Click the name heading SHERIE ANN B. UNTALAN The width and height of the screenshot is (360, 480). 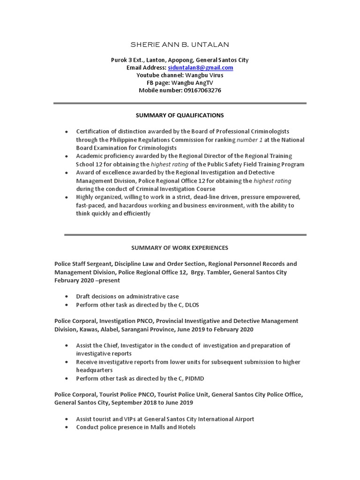click(x=180, y=45)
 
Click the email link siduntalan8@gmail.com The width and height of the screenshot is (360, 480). click(x=200, y=67)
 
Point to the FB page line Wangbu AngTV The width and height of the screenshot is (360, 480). click(x=196, y=82)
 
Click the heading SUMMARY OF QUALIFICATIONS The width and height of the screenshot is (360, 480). click(x=180, y=115)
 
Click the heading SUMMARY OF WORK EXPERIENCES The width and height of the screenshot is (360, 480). click(x=180, y=247)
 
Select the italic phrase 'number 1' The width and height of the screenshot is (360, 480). click(x=250, y=140)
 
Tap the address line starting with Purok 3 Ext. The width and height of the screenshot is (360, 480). click(x=180, y=60)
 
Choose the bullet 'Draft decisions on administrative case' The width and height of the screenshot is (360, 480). click(x=127, y=296)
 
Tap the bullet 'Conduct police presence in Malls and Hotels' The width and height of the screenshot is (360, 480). click(x=136, y=427)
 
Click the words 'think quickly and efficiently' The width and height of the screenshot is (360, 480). click(x=113, y=213)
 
